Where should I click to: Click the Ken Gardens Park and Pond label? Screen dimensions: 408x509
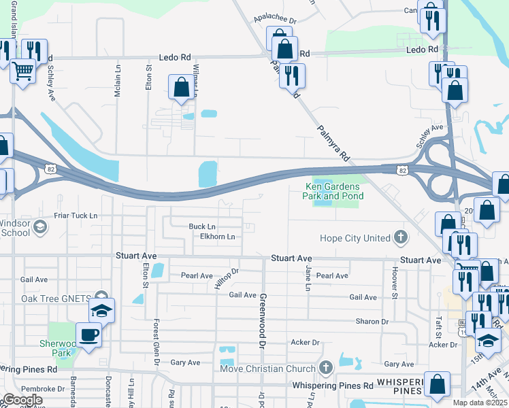(333, 191)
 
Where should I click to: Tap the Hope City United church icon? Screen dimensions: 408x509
(401, 237)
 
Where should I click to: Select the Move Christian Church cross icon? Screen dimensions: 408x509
(326, 369)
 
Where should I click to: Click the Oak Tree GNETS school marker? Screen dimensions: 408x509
(101, 309)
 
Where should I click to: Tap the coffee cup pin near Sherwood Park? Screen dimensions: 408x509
(88, 334)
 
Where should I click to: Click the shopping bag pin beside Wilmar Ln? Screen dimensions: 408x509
(182, 87)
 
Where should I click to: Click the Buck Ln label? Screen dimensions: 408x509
(202, 226)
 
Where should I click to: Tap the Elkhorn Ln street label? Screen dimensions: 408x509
(217, 237)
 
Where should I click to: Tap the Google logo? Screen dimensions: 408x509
(23, 400)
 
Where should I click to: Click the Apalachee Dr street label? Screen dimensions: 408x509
(276, 21)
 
